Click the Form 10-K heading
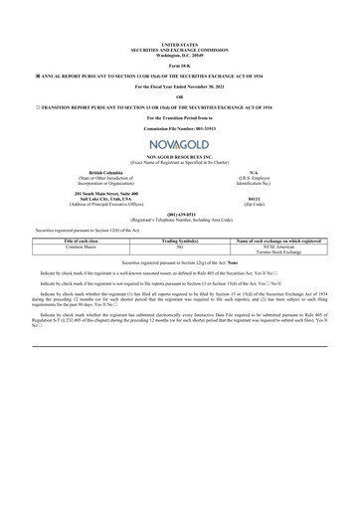[180, 66]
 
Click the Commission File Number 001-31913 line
[180, 129]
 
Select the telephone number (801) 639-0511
[180, 213]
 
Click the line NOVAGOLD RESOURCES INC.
[180, 157]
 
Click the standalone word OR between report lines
[180, 97]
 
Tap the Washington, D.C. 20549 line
[180, 55]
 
